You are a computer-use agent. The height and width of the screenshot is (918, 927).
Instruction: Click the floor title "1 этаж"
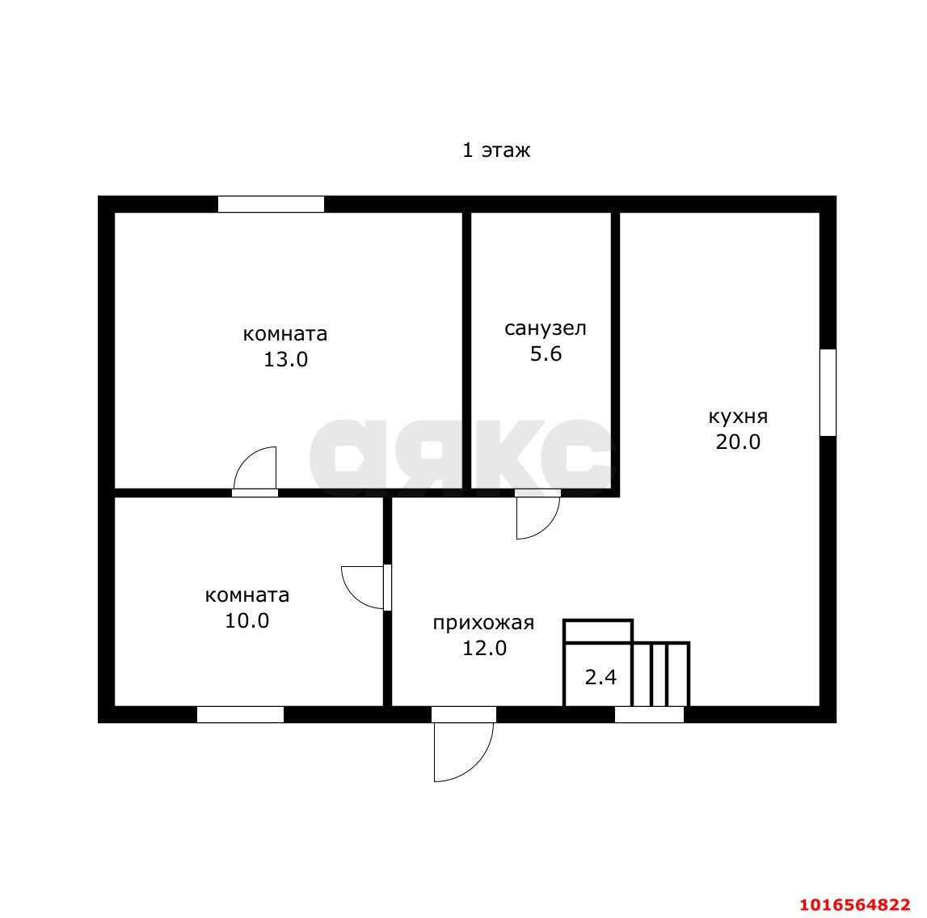point(496,150)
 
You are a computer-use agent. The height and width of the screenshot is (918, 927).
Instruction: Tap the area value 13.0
point(285,359)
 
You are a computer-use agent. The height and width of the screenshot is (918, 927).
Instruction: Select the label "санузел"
point(545,328)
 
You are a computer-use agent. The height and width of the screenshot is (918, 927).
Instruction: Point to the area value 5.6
point(545,353)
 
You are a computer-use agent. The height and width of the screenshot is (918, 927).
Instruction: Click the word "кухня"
point(739,417)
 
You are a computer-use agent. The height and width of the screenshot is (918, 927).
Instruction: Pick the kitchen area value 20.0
point(738,442)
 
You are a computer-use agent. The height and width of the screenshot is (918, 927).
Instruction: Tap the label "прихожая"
point(483,623)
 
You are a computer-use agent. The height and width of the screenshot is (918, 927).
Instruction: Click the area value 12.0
point(484,649)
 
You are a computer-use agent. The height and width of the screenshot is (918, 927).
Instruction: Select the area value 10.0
point(247,620)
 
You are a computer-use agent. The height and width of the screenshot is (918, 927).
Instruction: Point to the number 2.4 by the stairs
point(600,677)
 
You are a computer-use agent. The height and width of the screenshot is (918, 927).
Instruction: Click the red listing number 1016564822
point(855,904)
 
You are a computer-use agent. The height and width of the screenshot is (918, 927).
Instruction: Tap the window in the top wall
point(271,204)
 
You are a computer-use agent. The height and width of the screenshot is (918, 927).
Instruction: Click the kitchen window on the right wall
point(828,393)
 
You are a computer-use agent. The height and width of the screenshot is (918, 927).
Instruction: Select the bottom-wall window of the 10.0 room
point(240,714)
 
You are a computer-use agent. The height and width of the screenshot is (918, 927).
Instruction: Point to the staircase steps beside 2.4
point(660,674)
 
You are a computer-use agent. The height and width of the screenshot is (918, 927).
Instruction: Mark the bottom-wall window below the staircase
point(649,714)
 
